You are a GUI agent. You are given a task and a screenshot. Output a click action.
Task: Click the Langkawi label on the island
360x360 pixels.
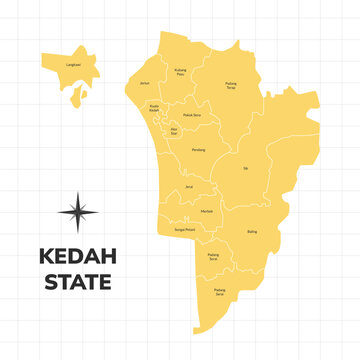[x=73, y=64]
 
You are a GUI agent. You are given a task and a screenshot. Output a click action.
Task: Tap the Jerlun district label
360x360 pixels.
[x=144, y=84]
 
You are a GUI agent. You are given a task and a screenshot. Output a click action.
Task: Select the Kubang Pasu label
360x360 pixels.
[x=180, y=72]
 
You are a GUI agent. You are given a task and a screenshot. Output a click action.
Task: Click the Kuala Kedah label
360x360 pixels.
[x=154, y=108]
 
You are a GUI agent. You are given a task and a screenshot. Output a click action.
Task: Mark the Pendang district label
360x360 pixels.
[x=199, y=150]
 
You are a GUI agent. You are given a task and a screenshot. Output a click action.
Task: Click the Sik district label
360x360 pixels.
[x=246, y=168]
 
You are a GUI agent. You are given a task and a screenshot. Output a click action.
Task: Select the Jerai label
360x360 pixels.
[x=188, y=187]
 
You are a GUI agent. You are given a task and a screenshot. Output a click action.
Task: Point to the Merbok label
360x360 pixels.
[x=207, y=211]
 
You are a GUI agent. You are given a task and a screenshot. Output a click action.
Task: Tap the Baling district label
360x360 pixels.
[x=252, y=232]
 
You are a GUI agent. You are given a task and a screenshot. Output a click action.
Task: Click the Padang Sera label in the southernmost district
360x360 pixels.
[x=220, y=292]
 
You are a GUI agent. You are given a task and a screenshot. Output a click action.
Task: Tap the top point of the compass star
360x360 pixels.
[x=77, y=192]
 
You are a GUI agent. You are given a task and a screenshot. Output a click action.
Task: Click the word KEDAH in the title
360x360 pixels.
[x=77, y=256]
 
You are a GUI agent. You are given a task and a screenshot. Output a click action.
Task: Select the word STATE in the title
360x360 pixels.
[x=77, y=282]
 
